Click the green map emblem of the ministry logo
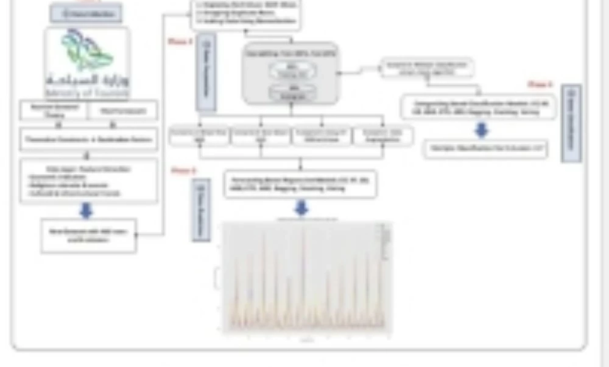(x=87, y=49)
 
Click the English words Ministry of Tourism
(x=87, y=91)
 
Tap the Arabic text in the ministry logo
(x=87, y=79)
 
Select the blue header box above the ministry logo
(x=86, y=13)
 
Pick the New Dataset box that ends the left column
(x=88, y=235)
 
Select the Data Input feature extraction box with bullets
(x=88, y=181)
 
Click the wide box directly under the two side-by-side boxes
(x=88, y=140)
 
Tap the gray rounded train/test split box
(x=291, y=73)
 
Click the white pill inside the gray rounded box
(x=291, y=69)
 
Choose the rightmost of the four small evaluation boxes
(x=383, y=135)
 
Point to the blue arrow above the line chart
(x=301, y=207)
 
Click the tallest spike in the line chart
(x=304, y=232)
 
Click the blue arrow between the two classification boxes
(x=482, y=130)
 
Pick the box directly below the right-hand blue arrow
(x=486, y=148)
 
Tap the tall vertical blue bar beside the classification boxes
(x=571, y=123)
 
